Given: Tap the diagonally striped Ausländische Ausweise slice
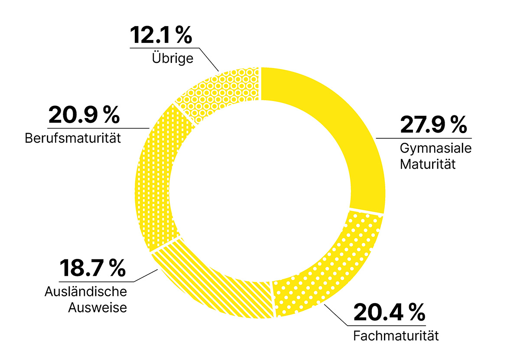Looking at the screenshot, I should [x=208, y=282].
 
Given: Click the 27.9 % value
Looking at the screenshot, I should [x=433, y=125].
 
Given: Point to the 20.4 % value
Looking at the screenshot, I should [x=388, y=313].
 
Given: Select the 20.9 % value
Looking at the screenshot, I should [x=84, y=115].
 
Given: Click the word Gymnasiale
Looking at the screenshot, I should [x=435, y=149].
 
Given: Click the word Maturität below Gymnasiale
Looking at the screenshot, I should [x=427, y=164].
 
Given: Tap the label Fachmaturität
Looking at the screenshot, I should [x=396, y=336].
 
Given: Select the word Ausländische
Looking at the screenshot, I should [x=85, y=292].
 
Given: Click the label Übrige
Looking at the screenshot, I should [x=172, y=58].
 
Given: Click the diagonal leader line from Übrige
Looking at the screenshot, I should [x=210, y=59].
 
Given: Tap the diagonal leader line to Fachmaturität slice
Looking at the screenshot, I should [x=336, y=314].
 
